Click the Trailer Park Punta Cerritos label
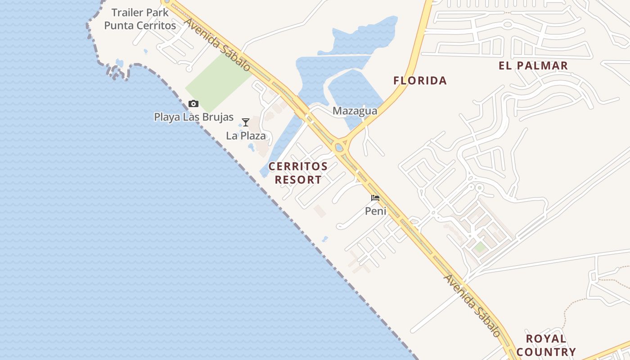click(x=140, y=19)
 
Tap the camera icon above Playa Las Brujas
click(x=193, y=104)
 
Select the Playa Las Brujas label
click(x=193, y=117)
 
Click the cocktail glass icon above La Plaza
click(x=246, y=122)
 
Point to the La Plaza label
click(x=246, y=135)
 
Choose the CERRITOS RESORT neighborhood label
click(x=298, y=173)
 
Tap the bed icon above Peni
click(x=375, y=198)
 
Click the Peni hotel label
click(x=375, y=211)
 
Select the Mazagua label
click(x=355, y=111)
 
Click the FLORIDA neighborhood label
click(x=420, y=81)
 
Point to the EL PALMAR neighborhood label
click(x=533, y=66)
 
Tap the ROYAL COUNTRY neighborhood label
click(x=546, y=345)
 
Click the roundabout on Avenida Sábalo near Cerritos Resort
click(x=339, y=147)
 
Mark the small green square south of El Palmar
click(x=480, y=247)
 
